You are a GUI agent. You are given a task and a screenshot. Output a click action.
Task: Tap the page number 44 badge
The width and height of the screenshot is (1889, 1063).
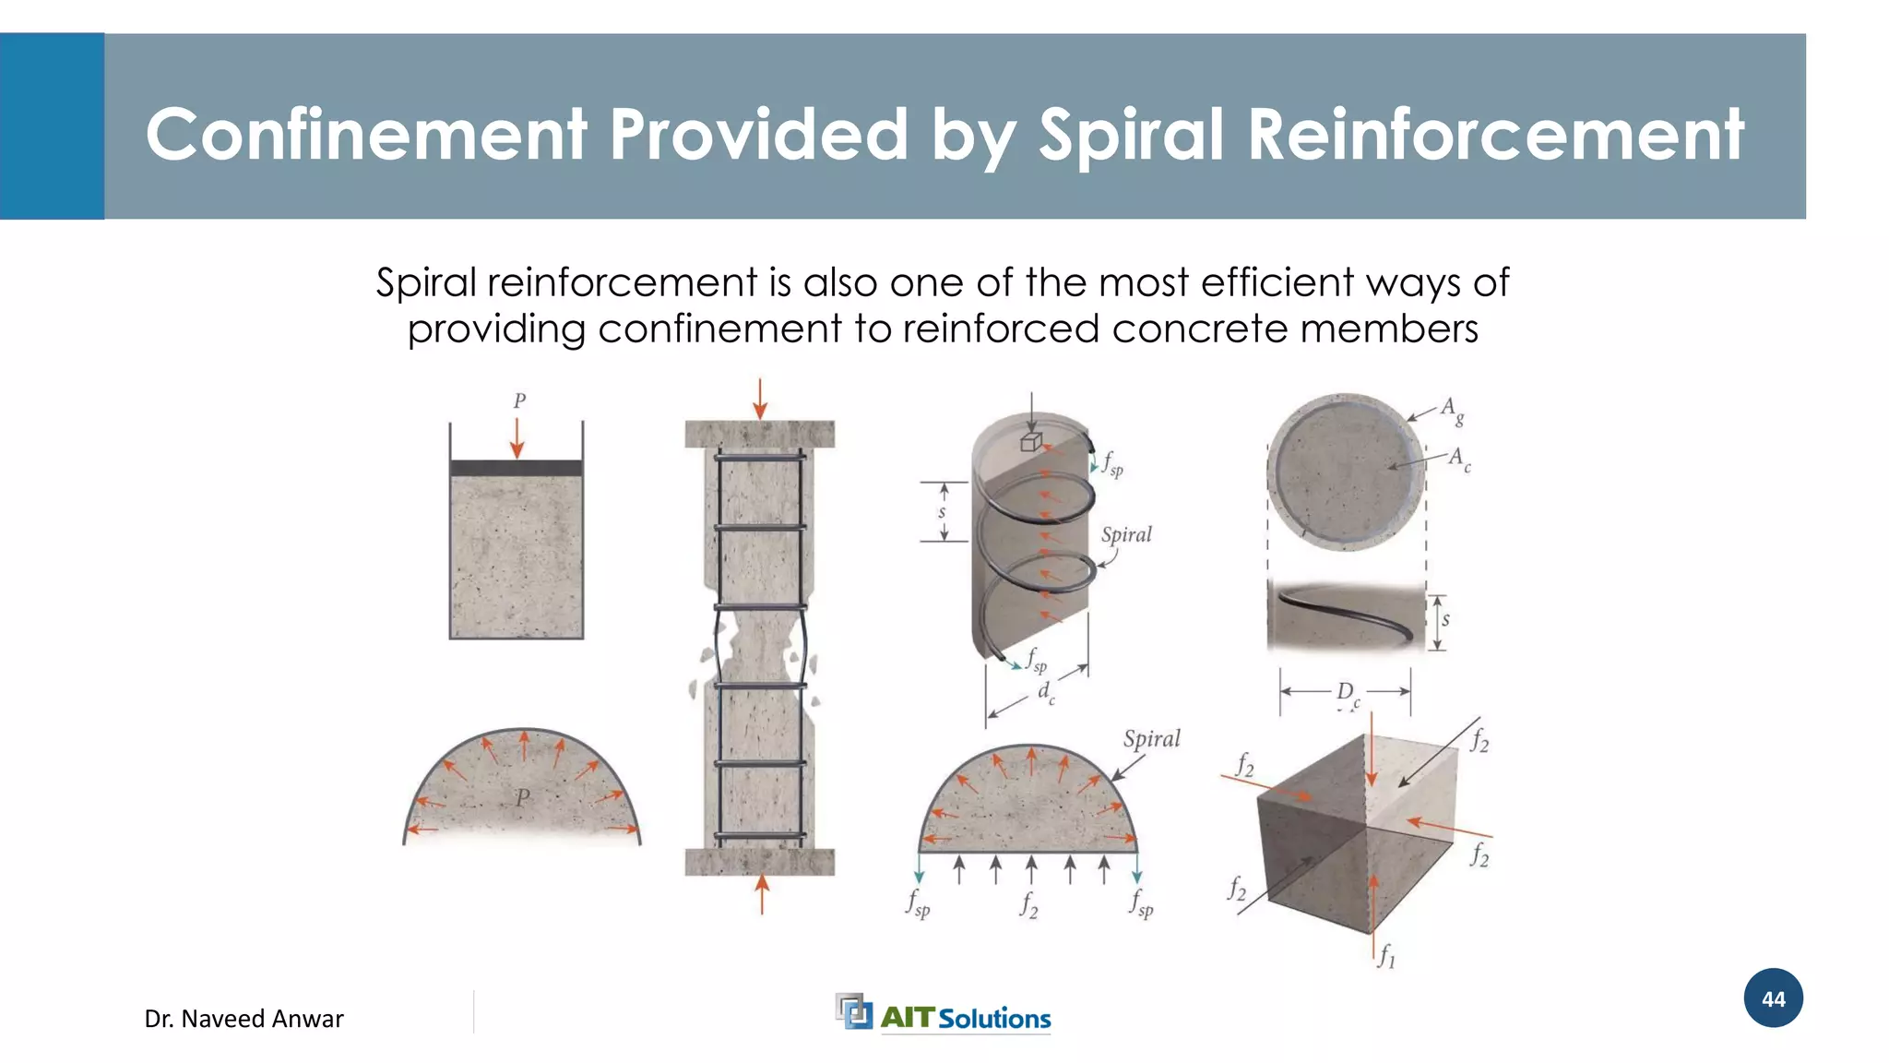coord(1773,998)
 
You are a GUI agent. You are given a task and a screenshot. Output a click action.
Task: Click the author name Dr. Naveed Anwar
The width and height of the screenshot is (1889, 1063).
coord(244,1019)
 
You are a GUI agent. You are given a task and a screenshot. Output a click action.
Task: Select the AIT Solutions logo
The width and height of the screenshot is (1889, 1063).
coord(944,1014)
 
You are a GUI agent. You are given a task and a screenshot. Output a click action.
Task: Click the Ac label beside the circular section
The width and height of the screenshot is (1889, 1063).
coord(1458,459)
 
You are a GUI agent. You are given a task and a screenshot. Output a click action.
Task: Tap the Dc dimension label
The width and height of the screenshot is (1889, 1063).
coord(1347,693)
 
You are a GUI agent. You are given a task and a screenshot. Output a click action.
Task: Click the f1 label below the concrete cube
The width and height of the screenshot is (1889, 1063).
coord(1386,956)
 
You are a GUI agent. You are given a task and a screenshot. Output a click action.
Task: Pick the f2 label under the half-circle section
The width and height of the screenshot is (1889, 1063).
coord(1028,904)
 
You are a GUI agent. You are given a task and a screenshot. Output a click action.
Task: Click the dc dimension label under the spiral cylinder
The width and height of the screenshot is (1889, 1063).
coord(1045,692)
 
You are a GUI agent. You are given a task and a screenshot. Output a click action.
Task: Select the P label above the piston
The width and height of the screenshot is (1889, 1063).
coord(519,401)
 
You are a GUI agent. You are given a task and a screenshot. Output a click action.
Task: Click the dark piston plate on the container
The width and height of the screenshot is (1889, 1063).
coord(517,468)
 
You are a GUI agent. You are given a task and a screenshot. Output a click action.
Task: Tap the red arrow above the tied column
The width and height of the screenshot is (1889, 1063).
coord(760,399)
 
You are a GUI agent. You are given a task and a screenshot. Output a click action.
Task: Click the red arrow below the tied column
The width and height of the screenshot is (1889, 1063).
coord(762,894)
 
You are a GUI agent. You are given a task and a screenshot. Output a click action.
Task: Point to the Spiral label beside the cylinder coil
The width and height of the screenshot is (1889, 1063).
coord(1126,535)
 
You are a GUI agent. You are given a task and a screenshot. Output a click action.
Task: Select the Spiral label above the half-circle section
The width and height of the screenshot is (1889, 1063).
coord(1151,739)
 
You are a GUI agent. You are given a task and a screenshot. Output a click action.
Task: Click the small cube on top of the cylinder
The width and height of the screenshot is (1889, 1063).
coord(1031,442)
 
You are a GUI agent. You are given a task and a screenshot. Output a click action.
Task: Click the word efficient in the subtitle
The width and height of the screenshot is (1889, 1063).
coord(1278,282)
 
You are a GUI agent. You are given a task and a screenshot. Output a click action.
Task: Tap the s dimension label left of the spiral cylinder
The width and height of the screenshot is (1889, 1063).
coord(942,511)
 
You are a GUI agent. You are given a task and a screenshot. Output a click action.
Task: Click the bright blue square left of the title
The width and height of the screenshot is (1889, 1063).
coord(52,126)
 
